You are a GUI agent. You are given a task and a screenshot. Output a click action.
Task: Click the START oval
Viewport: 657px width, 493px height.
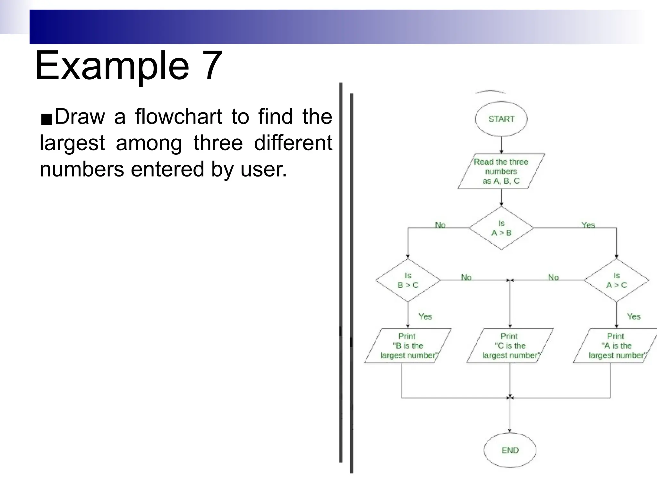point(501,119)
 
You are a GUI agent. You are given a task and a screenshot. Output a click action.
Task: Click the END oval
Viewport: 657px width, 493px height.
point(510,450)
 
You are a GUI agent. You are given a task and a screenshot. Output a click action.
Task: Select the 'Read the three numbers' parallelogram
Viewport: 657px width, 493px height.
point(501,171)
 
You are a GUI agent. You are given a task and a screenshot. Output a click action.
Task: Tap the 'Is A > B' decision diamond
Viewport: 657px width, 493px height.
point(501,228)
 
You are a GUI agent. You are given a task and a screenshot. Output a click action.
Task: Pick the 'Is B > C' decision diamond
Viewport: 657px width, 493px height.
point(408,281)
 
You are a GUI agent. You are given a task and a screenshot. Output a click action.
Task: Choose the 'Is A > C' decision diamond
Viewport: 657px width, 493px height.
point(616,281)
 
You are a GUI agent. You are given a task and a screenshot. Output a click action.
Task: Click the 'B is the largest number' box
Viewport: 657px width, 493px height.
point(407,346)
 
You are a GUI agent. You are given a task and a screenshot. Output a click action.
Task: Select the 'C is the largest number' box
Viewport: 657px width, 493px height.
point(510,346)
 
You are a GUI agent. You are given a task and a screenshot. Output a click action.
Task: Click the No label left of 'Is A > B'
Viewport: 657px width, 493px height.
point(440,225)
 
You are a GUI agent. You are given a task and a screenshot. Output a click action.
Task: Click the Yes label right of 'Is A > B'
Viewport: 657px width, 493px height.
point(588,225)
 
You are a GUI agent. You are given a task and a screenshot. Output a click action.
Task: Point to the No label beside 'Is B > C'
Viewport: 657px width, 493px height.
point(466,277)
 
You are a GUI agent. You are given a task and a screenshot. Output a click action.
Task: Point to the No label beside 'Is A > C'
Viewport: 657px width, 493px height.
point(553,277)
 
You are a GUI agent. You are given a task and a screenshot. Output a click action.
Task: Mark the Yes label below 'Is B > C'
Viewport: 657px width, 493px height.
point(425,316)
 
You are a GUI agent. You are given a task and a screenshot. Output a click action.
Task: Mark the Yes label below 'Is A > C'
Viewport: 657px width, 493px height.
point(634,316)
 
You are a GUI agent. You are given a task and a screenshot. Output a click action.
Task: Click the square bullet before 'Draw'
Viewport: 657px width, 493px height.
point(47,119)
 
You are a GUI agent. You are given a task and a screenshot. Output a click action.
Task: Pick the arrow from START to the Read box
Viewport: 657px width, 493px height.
point(501,145)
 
